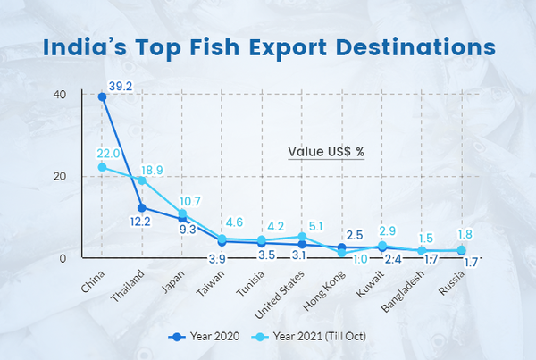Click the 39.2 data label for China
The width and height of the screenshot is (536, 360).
click(x=121, y=87)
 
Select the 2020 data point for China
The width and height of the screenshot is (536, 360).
click(x=103, y=96)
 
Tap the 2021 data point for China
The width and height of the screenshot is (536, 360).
click(x=103, y=167)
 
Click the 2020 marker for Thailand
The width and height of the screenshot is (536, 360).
click(x=142, y=208)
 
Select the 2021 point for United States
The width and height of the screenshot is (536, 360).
click(x=303, y=237)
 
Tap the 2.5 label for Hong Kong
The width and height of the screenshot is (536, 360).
click(x=354, y=234)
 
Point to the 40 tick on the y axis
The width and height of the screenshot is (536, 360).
click(x=60, y=95)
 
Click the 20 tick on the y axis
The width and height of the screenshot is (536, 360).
click(x=60, y=177)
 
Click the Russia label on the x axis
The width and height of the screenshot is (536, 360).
click(x=450, y=280)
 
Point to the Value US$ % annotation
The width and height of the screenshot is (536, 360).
click(x=326, y=152)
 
